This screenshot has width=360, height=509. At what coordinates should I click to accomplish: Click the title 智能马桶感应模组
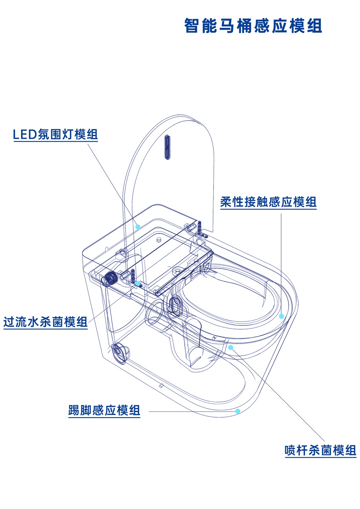[253, 26]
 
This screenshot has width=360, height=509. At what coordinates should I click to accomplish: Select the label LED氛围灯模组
[55, 135]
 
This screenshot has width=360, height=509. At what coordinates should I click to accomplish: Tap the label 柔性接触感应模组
[268, 202]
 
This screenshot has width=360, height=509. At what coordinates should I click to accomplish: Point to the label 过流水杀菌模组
[45, 321]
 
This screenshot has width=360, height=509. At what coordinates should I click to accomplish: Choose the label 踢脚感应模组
[104, 410]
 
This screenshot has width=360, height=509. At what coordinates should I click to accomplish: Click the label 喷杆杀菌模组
[320, 450]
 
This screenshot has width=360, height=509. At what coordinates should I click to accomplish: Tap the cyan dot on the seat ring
[282, 316]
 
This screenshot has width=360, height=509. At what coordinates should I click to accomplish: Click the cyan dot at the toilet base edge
[238, 411]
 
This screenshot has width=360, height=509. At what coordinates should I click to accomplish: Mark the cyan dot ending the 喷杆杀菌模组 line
[231, 347]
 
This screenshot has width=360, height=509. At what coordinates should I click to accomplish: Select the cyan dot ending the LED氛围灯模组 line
[138, 226]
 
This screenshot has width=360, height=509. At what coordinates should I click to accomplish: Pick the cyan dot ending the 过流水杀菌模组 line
[137, 283]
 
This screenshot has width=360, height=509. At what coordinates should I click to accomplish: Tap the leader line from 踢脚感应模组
[191, 411]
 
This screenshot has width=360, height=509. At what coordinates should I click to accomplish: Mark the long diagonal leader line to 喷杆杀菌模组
[277, 394]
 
